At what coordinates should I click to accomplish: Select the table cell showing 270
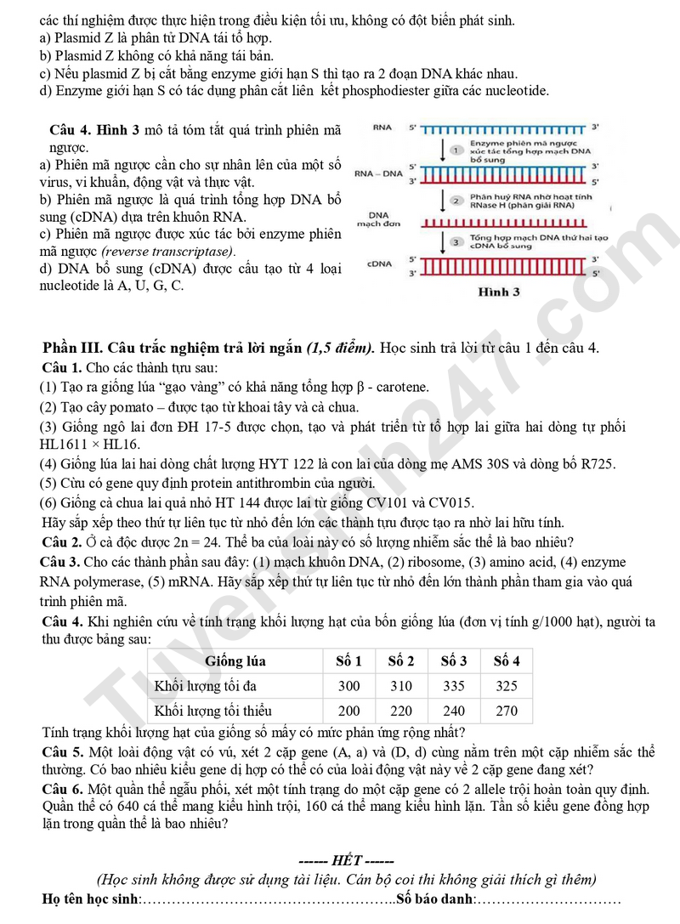pyautogui.click(x=507, y=711)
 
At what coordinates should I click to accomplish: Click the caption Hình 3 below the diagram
pyautogui.click(x=499, y=292)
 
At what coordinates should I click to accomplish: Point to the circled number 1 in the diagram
pyautogui.click(x=456, y=150)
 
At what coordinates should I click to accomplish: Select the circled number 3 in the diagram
pyautogui.click(x=456, y=242)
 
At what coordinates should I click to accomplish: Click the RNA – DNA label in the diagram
pyautogui.click(x=379, y=173)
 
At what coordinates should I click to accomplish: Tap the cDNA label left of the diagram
pyautogui.click(x=379, y=264)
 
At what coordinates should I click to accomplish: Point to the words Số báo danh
pyautogui.click(x=434, y=899)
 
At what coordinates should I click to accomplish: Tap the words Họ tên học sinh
pyautogui.click(x=89, y=899)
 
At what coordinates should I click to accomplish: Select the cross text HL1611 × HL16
pyautogui.click(x=90, y=445)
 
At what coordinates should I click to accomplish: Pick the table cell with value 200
pyautogui.click(x=348, y=711)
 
